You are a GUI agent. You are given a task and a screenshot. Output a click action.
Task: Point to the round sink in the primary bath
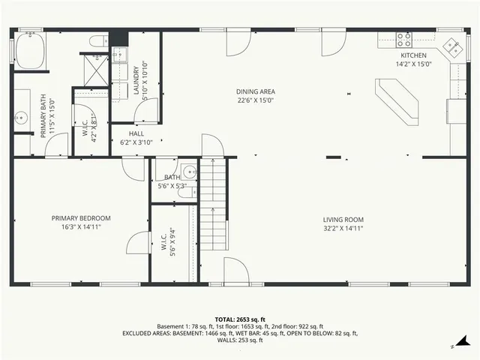click(22, 117)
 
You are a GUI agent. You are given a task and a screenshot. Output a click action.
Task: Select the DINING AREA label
click(256, 91)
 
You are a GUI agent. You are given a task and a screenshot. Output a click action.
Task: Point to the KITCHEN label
click(413, 55)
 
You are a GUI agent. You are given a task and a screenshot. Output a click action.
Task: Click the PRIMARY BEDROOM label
click(81, 218)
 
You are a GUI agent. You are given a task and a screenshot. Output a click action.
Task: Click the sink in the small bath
click(188, 169)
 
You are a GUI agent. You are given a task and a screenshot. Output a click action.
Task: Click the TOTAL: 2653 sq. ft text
click(239, 319)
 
